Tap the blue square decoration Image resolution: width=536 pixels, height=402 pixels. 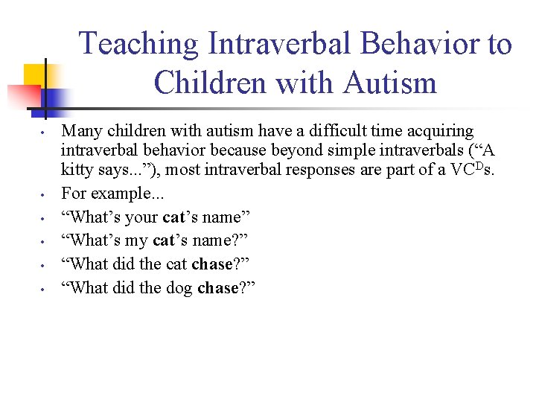(57, 99)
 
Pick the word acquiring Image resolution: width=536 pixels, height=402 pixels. (435, 132)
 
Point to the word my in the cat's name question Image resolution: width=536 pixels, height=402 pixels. (138, 241)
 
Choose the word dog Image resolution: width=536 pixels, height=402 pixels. (176, 289)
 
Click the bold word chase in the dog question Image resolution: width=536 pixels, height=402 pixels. (217, 289)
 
